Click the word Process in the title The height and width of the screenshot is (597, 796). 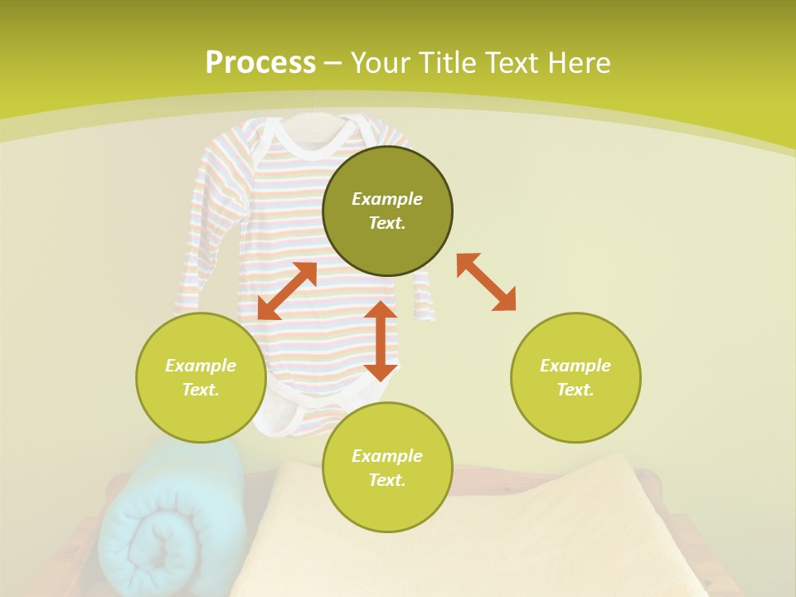pyautogui.click(x=260, y=63)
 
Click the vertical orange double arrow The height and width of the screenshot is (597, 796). pyautogui.click(x=381, y=341)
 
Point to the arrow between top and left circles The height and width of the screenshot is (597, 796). pyautogui.click(x=287, y=290)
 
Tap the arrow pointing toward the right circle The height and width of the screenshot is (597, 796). pyautogui.click(x=487, y=282)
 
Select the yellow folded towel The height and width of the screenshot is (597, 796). pyautogui.click(x=464, y=531)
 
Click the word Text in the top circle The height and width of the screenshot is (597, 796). pyautogui.click(x=387, y=223)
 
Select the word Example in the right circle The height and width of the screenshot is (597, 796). pyautogui.click(x=575, y=366)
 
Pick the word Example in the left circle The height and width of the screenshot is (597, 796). pyautogui.click(x=201, y=366)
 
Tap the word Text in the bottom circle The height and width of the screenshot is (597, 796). pyautogui.click(x=387, y=480)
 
